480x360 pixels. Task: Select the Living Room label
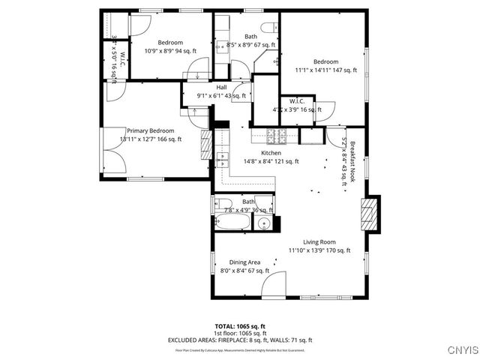tap(319, 241)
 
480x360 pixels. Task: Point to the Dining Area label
tap(244, 262)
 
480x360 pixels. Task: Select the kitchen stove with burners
tap(278, 136)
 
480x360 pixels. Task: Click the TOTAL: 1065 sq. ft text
tap(240, 326)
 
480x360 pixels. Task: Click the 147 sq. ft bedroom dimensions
tap(325, 70)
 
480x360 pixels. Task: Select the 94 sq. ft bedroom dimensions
tap(170, 51)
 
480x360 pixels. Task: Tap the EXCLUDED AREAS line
tap(240, 340)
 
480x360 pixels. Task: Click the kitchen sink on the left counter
tap(223, 160)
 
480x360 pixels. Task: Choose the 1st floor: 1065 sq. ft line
tap(240, 333)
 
